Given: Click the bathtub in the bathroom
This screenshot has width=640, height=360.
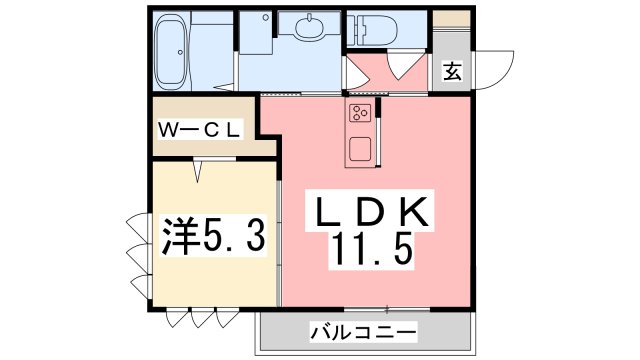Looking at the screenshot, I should pos(171,51).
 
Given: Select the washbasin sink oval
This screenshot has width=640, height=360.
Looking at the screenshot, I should pos(305,27).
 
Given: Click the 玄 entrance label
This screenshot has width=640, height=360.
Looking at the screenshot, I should pos(452,72).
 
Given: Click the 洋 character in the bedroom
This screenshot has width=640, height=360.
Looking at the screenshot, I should pos(179,236).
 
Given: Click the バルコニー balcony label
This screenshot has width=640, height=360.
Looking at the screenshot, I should pos(363,331).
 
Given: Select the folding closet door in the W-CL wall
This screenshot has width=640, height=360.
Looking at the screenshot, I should pos(199,171).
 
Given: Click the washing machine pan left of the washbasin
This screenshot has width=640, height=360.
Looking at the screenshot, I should pos(257,33).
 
